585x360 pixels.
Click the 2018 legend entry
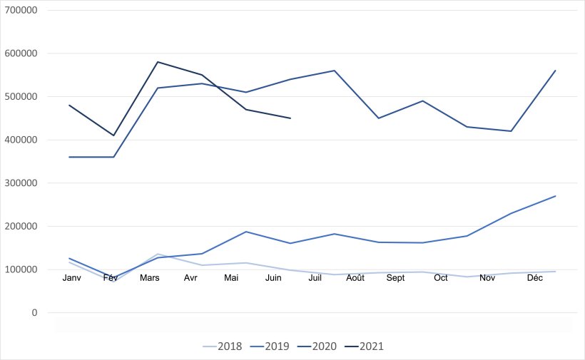(223, 346)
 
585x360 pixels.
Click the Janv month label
(72, 278)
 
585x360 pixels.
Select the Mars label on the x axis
(149, 278)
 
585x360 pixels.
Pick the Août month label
(355, 278)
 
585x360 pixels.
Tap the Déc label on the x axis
(534, 278)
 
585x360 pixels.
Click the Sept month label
(395, 278)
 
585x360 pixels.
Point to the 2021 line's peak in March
(158, 62)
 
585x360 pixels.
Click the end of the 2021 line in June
(290, 118)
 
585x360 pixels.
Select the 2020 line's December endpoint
(555, 71)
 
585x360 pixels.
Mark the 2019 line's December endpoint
(555, 196)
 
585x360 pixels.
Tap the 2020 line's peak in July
(335, 71)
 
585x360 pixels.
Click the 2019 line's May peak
(246, 232)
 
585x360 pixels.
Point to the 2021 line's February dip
(113, 135)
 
